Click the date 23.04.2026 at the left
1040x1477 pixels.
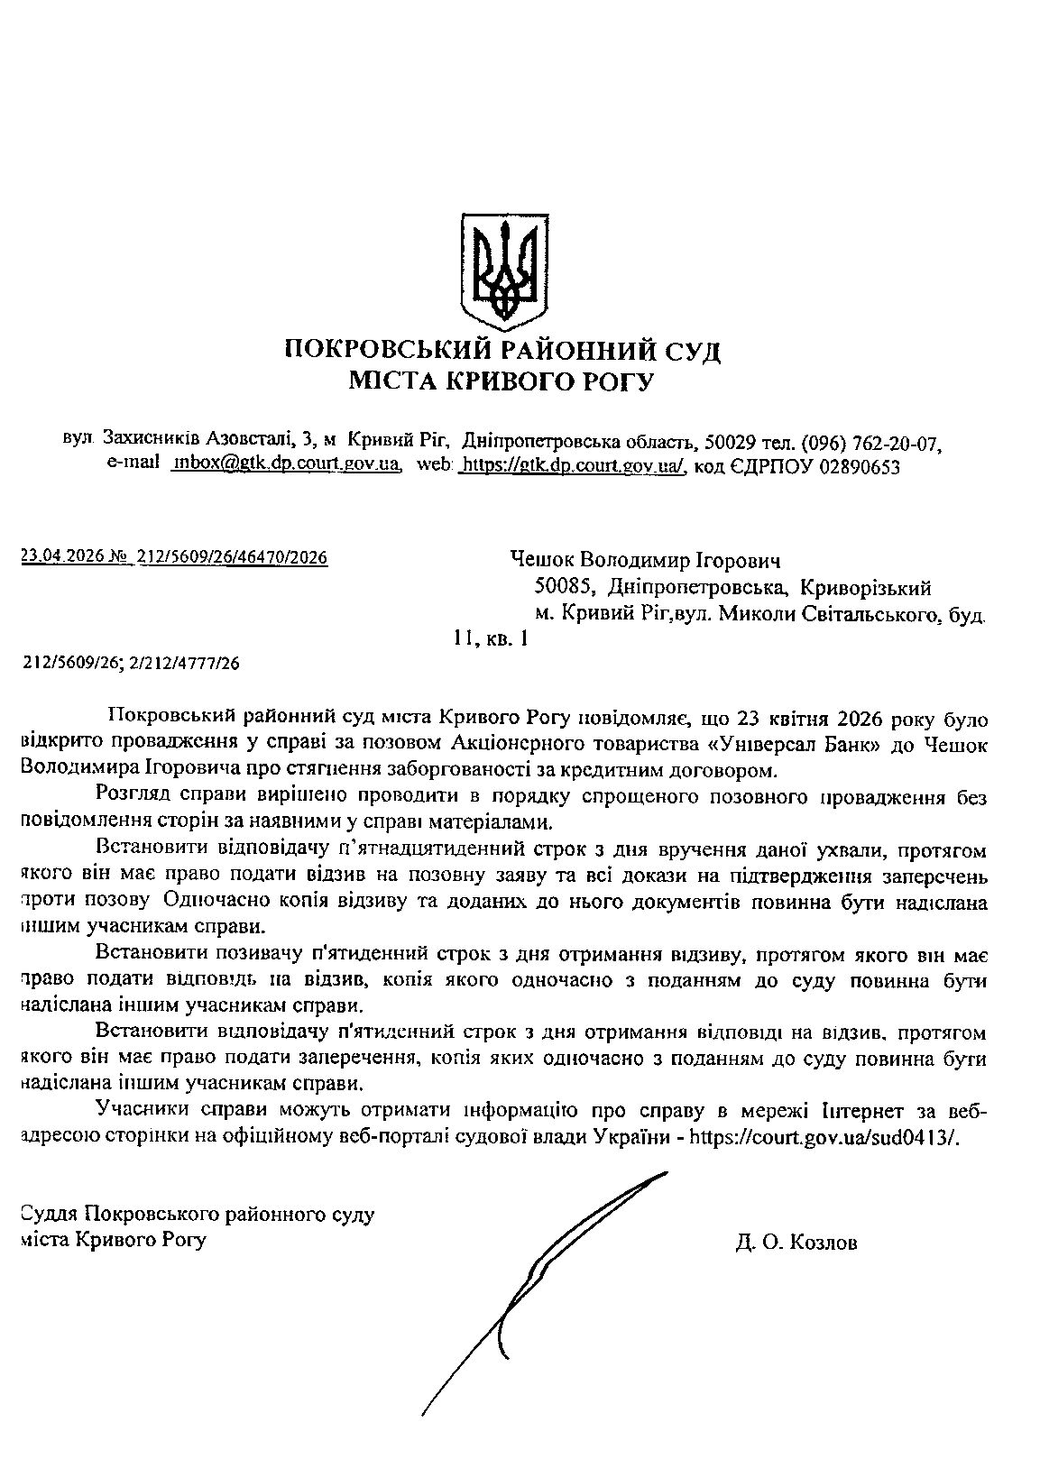61,557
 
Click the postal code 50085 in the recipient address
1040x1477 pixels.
564,589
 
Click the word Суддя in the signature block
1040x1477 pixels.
48,1215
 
